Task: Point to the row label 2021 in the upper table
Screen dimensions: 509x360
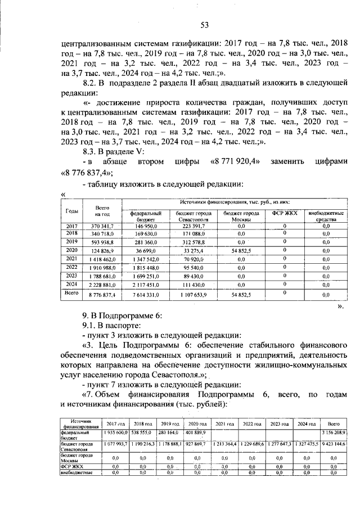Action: (71, 259)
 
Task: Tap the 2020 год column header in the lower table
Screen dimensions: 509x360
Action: (197, 423)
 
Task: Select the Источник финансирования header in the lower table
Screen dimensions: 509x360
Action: (79, 423)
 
